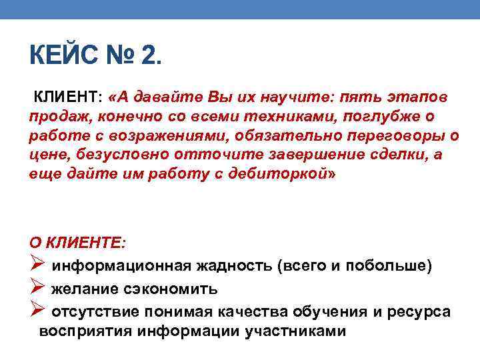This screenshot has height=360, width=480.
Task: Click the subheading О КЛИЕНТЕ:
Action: (77, 242)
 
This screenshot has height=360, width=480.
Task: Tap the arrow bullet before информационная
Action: (37, 265)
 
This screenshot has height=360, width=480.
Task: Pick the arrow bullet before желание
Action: (37, 289)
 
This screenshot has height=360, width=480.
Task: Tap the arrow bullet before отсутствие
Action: (37, 311)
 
